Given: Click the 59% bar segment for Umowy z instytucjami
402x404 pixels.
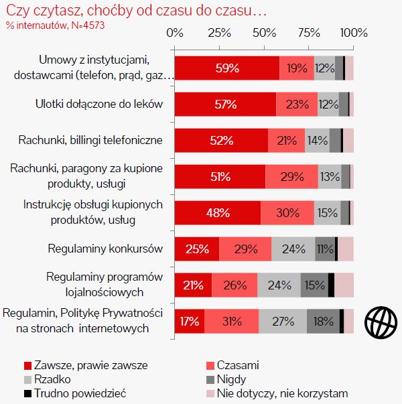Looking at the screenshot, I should coord(226,68).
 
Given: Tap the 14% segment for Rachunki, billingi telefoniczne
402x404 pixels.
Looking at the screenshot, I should coord(317,141).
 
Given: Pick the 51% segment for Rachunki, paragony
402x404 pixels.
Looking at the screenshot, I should coord(220,177).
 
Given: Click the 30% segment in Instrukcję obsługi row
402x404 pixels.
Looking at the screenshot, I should coord(287,212).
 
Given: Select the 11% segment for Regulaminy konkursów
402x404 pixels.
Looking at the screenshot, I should coord(325,249).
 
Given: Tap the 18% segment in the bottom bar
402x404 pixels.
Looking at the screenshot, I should coord(323,321).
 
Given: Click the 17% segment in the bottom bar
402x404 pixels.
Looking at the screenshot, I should coord(190,321).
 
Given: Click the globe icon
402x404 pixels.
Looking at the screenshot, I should coord(377,322).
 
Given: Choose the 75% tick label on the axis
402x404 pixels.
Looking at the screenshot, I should coord(309,32).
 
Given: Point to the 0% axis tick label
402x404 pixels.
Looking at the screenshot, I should coord(175,32).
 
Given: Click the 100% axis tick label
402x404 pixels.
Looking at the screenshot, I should coord(353,32).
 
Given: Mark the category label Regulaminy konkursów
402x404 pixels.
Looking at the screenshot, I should coord(105,249).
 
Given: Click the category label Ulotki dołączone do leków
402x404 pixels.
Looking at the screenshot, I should coord(99,105).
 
